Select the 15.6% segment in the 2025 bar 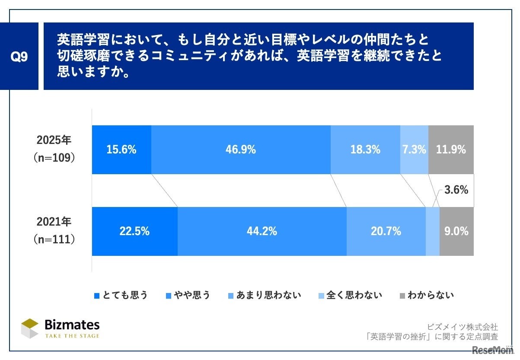121,150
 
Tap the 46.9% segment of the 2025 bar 241,150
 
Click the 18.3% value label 365,150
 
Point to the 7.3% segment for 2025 414,150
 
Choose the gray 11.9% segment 451,150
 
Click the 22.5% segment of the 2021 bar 134,231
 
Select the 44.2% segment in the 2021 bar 262,231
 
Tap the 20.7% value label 386,231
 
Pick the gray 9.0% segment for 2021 456,231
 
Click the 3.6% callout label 456,190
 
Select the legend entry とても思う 121,296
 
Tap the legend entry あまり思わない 264,296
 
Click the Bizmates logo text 72,325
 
